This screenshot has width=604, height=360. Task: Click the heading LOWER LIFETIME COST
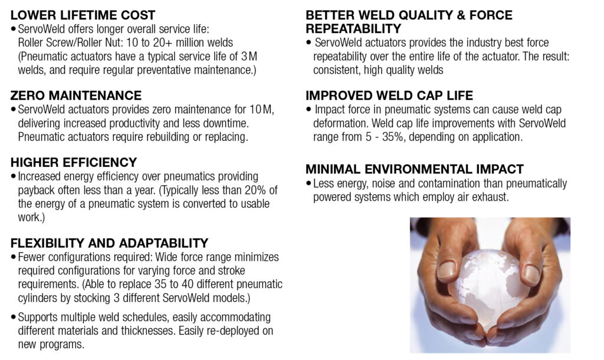point(83,15)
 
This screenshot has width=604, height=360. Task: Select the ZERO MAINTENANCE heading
point(76,95)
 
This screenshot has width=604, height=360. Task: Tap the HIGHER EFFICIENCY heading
point(74,162)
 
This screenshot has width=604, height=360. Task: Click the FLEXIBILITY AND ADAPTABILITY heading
point(109,243)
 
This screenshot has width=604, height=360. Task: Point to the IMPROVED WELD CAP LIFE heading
point(389,95)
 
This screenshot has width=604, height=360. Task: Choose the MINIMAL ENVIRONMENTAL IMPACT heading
point(415,169)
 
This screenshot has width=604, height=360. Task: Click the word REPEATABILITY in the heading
point(353,28)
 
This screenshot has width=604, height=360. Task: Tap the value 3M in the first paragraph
point(250,56)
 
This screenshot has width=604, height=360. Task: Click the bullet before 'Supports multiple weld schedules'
point(14,318)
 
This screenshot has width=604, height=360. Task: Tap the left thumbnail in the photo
point(447,270)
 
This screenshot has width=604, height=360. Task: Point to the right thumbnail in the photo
point(532,274)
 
